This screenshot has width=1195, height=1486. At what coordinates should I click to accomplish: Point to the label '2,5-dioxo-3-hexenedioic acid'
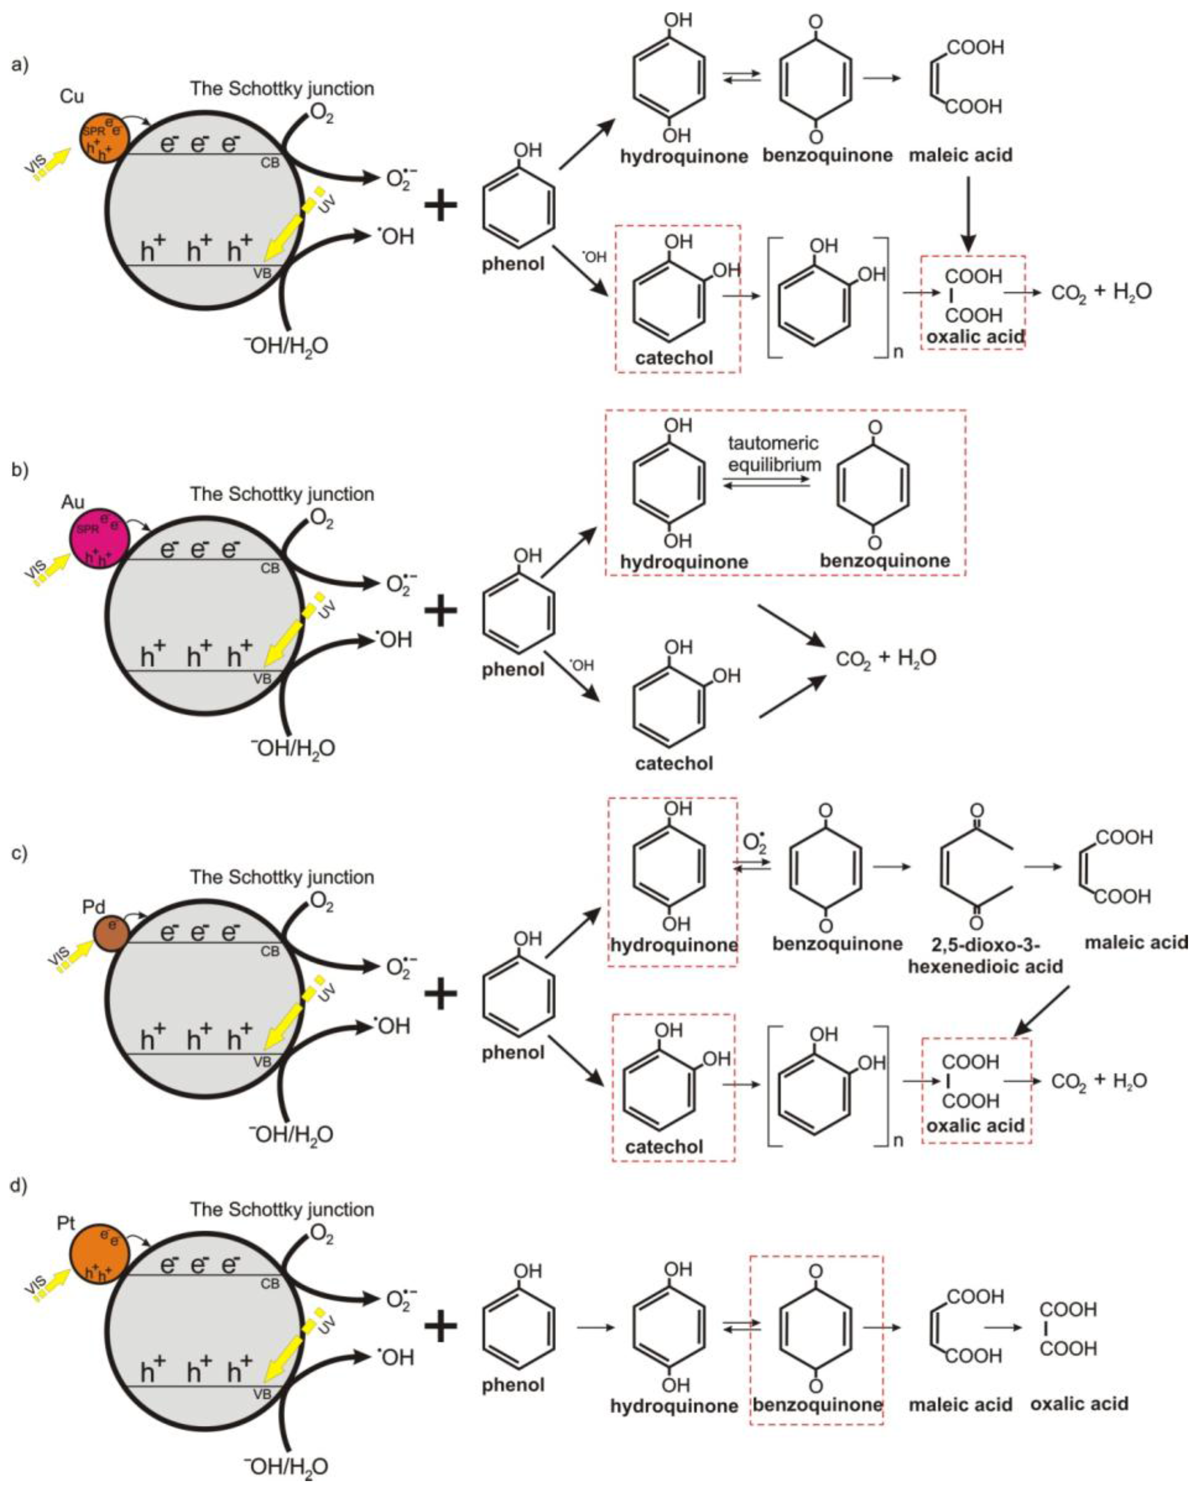[985, 955]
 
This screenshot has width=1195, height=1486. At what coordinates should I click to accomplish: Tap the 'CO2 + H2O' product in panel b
[885, 659]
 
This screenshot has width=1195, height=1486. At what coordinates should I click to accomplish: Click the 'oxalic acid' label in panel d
[1079, 1404]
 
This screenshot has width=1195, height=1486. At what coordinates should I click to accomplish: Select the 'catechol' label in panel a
[674, 358]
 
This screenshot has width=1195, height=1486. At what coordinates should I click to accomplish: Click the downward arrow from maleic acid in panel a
[968, 213]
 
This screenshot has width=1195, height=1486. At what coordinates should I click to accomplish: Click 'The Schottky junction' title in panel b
[282, 494]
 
